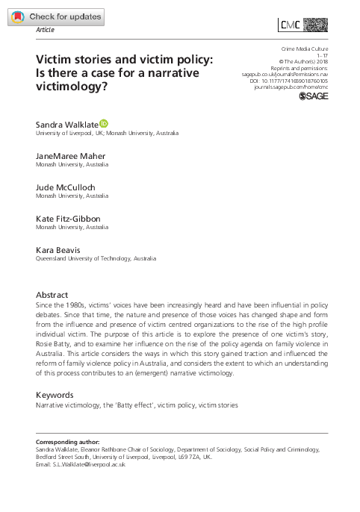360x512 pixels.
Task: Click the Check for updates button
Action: coord(55,16)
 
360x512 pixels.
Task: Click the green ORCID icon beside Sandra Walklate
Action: coord(114,122)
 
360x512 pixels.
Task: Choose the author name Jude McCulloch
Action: coord(67,187)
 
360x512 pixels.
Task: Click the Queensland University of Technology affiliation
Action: coord(96,258)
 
